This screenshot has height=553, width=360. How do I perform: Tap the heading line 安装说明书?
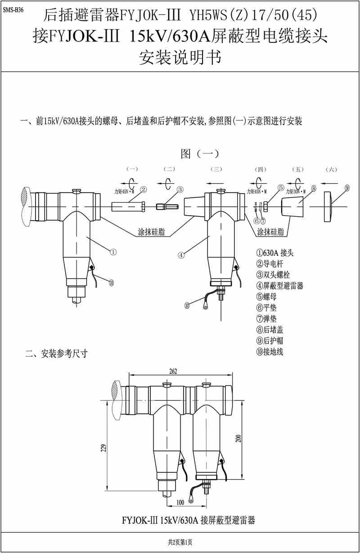coord(180,58)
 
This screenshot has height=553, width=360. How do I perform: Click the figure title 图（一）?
coord(199,154)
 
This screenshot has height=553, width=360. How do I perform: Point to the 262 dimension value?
coord(173,372)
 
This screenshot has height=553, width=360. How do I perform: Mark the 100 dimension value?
coord(180,502)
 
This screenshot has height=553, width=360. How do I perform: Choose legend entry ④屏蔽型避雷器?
coord(279,286)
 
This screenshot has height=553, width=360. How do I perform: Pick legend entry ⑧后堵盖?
coord(270,330)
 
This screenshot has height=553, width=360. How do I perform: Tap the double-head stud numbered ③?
coord(165,206)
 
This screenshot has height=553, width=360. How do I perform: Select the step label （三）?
coord(216,169)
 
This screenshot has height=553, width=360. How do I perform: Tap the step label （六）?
coord(331,169)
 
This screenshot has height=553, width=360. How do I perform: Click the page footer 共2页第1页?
coord(180,542)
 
